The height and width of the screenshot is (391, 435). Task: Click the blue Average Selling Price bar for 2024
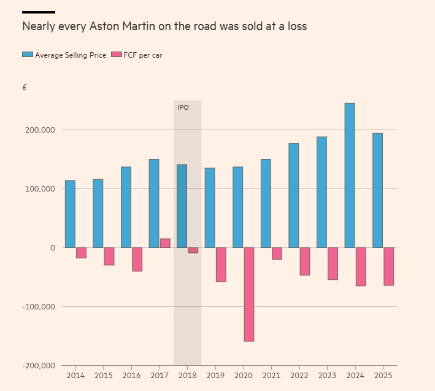pyautogui.click(x=350, y=176)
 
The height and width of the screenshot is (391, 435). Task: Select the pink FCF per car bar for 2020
pyautogui.click(x=249, y=295)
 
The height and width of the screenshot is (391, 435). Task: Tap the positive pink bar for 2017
pyautogui.click(x=165, y=243)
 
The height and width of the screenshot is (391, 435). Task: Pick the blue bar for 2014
pyautogui.click(x=70, y=214)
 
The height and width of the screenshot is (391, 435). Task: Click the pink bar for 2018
pyautogui.click(x=193, y=250)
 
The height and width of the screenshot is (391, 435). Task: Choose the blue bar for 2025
pyautogui.click(x=378, y=190)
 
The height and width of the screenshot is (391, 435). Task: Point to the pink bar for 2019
pyautogui.click(x=221, y=265)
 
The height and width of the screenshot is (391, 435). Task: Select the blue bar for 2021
pyautogui.click(x=266, y=203)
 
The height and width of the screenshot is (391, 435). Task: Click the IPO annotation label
pyautogui.click(x=183, y=107)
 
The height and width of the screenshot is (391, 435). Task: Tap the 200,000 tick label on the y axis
pyautogui.click(x=39, y=130)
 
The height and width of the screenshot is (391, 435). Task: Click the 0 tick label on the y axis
pyautogui.click(x=53, y=248)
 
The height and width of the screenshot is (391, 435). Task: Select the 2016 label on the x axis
pyautogui.click(x=131, y=375)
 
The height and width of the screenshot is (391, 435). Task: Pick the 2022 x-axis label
pyautogui.click(x=299, y=375)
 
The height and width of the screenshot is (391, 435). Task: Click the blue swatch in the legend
pyautogui.click(x=28, y=55)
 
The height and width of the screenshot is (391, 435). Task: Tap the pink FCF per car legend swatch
pyautogui.click(x=117, y=55)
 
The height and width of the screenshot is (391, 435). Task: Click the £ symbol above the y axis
pyautogui.click(x=25, y=88)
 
